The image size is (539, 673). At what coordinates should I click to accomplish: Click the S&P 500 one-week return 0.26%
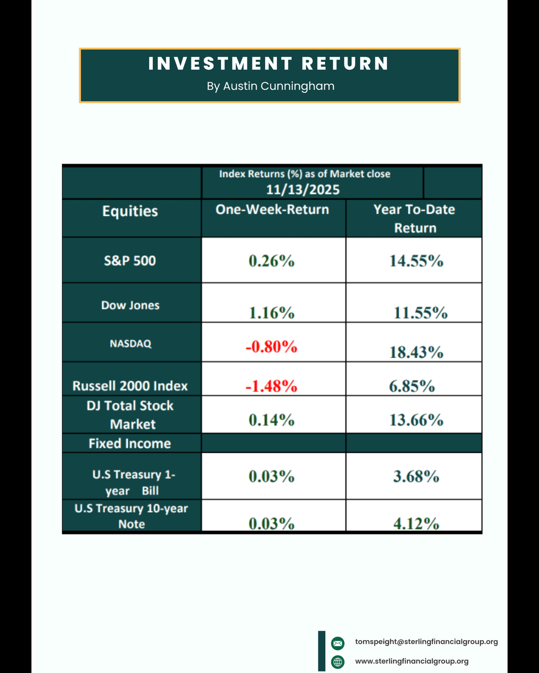(271, 261)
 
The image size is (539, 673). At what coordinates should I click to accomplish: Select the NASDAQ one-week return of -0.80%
(271, 346)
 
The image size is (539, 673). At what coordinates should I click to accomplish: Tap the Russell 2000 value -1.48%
(271, 386)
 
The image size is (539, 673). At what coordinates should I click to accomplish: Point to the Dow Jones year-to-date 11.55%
(420, 313)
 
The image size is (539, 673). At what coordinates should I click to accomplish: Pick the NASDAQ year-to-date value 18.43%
(416, 352)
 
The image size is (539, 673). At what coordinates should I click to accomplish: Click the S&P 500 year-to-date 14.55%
(416, 261)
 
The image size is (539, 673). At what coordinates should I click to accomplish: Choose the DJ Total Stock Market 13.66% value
(416, 420)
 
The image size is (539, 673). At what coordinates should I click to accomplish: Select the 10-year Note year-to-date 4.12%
(416, 523)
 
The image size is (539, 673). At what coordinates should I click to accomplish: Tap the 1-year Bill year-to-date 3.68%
(416, 477)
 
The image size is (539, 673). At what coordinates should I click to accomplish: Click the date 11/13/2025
(303, 190)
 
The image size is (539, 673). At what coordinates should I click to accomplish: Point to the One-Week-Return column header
(272, 210)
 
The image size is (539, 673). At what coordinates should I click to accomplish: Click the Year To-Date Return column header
(415, 218)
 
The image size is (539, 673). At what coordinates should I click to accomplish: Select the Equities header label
(130, 211)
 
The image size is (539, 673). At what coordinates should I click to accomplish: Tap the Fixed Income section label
(130, 444)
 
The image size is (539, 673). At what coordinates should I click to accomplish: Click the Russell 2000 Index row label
(130, 386)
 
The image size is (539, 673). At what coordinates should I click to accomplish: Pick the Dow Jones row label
(130, 306)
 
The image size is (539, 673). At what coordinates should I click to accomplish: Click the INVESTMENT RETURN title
(269, 64)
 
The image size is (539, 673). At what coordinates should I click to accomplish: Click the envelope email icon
(338, 643)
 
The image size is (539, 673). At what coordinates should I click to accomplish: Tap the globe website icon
(338, 662)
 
